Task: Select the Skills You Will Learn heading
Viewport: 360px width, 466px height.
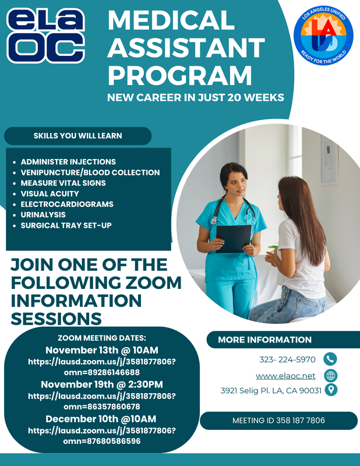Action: click(77, 136)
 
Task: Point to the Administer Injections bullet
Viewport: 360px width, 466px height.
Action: click(68, 161)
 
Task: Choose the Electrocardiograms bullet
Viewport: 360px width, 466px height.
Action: click(67, 204)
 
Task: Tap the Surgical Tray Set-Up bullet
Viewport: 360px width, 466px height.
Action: click(66, 225)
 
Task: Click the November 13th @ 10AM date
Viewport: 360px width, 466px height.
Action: click(101, 350)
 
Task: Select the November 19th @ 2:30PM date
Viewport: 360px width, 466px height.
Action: click(101, 384)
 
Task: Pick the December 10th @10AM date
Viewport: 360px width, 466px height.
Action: click(101, 419)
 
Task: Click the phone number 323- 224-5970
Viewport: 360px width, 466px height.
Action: click(287, 359)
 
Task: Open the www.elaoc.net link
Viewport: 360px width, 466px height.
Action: click(285, 376)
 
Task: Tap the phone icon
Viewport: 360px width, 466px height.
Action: click(330, 359)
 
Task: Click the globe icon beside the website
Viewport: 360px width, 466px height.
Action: click(330, 376)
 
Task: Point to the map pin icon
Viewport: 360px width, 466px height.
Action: click(330, 390)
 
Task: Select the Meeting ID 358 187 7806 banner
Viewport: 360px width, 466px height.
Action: click(278, 420)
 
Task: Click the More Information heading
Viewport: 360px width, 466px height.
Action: click(264, 340)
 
